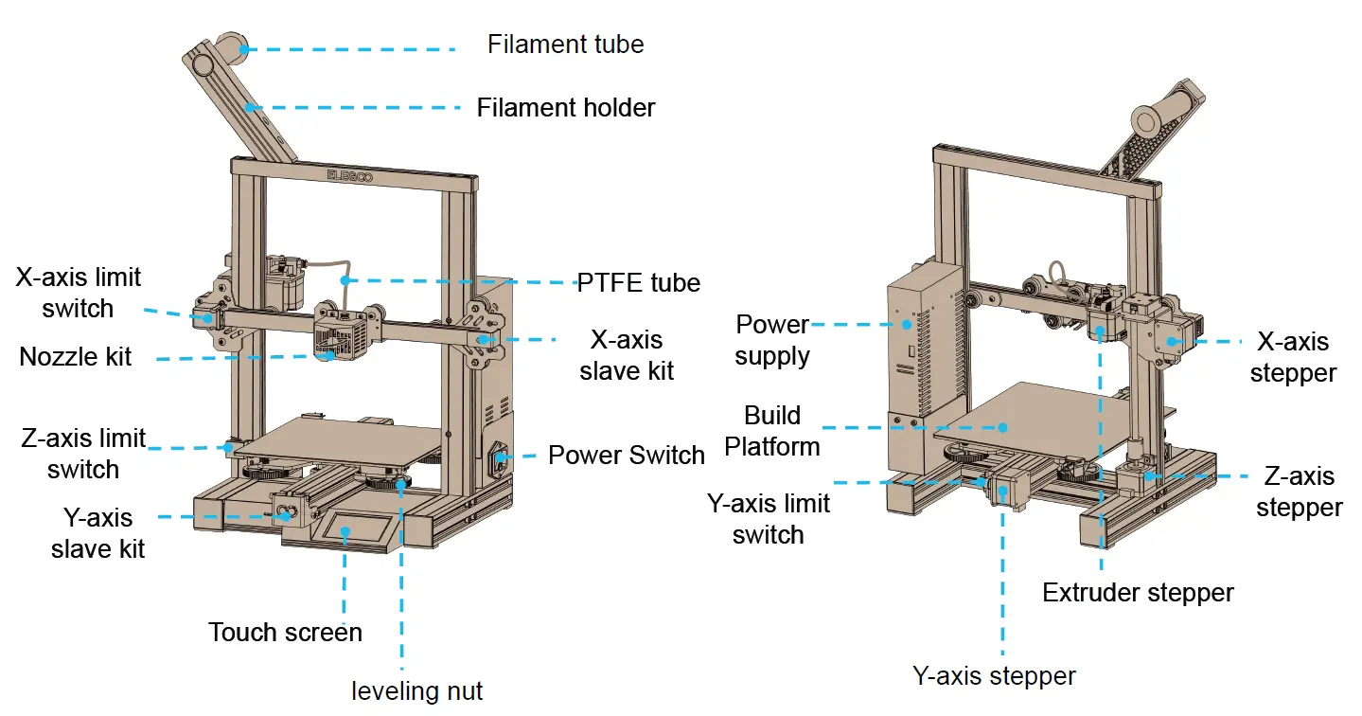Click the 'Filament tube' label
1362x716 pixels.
click(x=565, y=45)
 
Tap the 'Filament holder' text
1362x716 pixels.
click(x=565, y=108)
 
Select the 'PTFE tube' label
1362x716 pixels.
click(x=639, y=282)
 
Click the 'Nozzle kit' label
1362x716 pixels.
click(x=76, y=357)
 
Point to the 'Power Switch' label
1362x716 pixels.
click(x=627, y=456)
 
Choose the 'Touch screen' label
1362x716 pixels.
click(x=285, y=633)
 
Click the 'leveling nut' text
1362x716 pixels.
click(x=417, y=691)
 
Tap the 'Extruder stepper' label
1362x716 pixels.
click(x=1138, y=593)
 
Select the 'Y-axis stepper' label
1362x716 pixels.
click(x=994, y=677)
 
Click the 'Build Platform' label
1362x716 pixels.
click(x=772, y=431)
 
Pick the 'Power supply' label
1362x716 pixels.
click(x=772, y=340)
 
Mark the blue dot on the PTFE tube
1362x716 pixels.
click(x=346, y=279)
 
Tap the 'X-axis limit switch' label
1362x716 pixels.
click(x=79, y=293)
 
